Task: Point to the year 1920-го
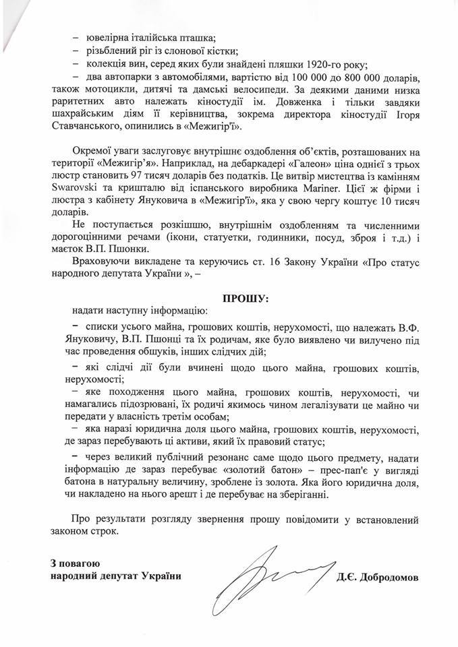(314, 64)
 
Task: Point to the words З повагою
(75, 562)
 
